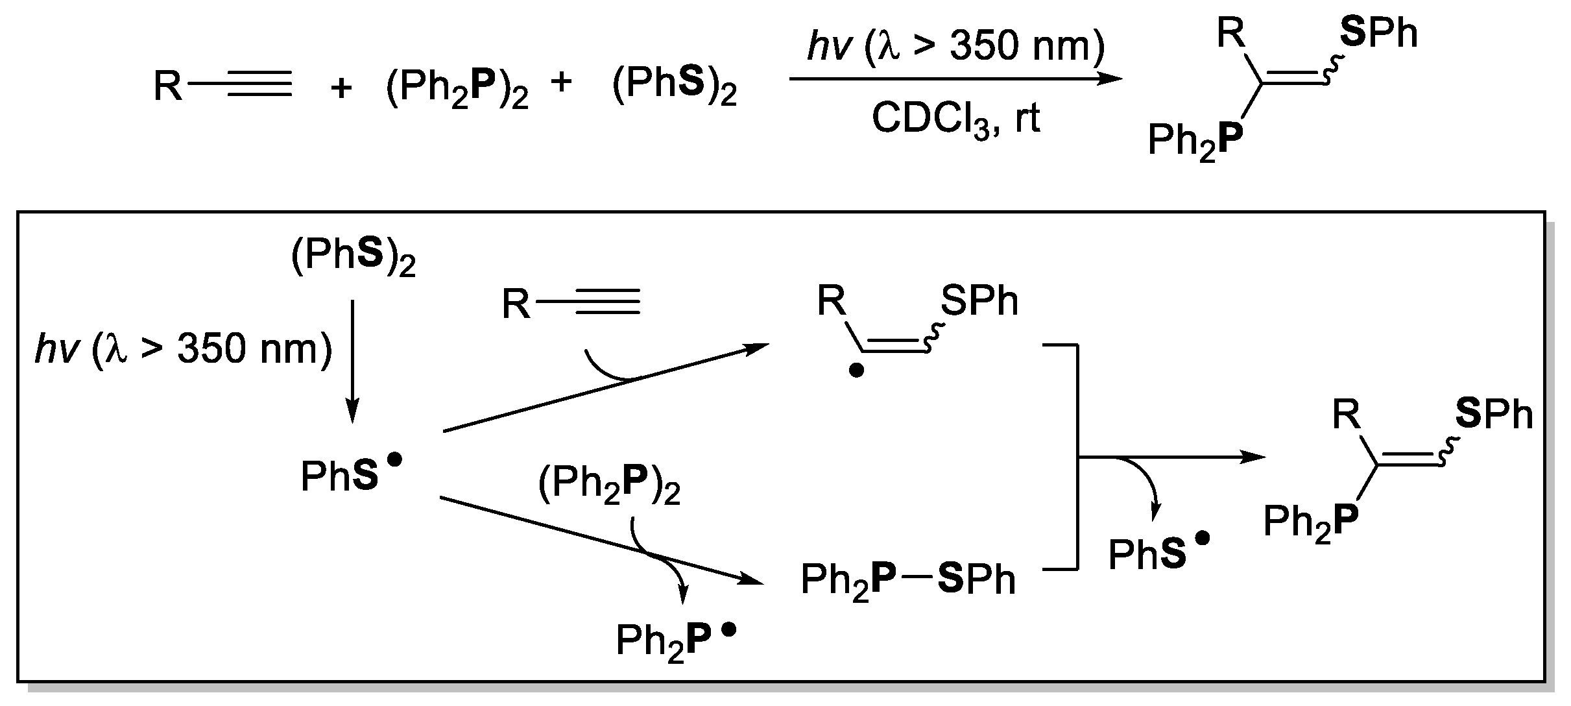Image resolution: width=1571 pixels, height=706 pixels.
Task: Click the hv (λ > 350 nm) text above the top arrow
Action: [955, 46]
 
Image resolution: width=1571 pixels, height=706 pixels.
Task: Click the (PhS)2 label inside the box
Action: [353, 259]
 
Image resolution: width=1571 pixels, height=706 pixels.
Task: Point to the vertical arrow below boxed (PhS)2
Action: [352, 361]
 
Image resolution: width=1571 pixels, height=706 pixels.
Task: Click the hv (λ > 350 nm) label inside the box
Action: [184, 350]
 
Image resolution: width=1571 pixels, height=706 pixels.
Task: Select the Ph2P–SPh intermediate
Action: [908, 579]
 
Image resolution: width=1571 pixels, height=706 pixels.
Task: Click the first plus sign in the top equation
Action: [341, 88]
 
